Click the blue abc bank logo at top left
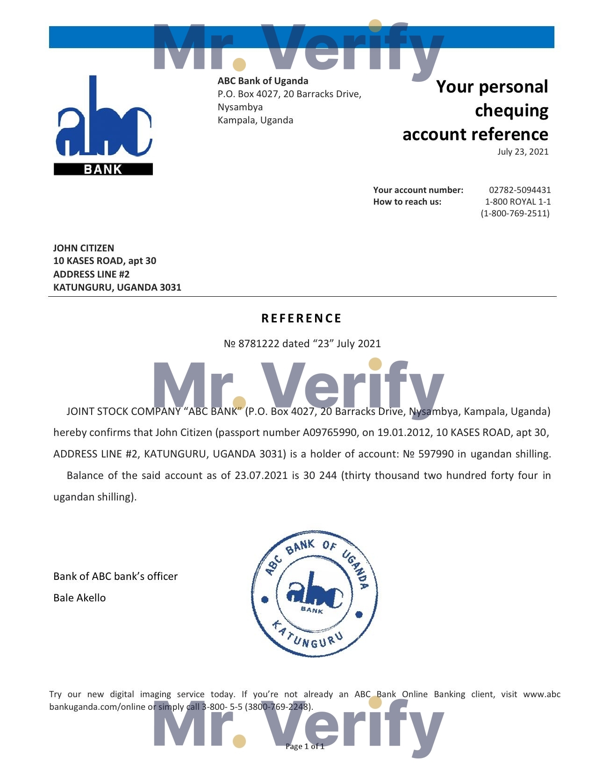click(103, 125)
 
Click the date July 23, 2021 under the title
click(523, 152)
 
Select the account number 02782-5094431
click(520, 190)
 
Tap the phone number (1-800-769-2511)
click(515, 214)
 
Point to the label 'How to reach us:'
click(407, 202)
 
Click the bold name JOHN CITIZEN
click(84, 248)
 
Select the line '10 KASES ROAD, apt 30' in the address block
click(105, 261)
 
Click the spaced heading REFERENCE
click(302, 318)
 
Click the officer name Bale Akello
click(79, 598)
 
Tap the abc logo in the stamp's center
click(314, 594)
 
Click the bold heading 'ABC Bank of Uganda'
click(263, 81)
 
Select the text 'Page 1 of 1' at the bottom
click(305, 746)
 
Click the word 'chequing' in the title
click(511, 111)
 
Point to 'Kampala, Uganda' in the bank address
click(255, 120)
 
